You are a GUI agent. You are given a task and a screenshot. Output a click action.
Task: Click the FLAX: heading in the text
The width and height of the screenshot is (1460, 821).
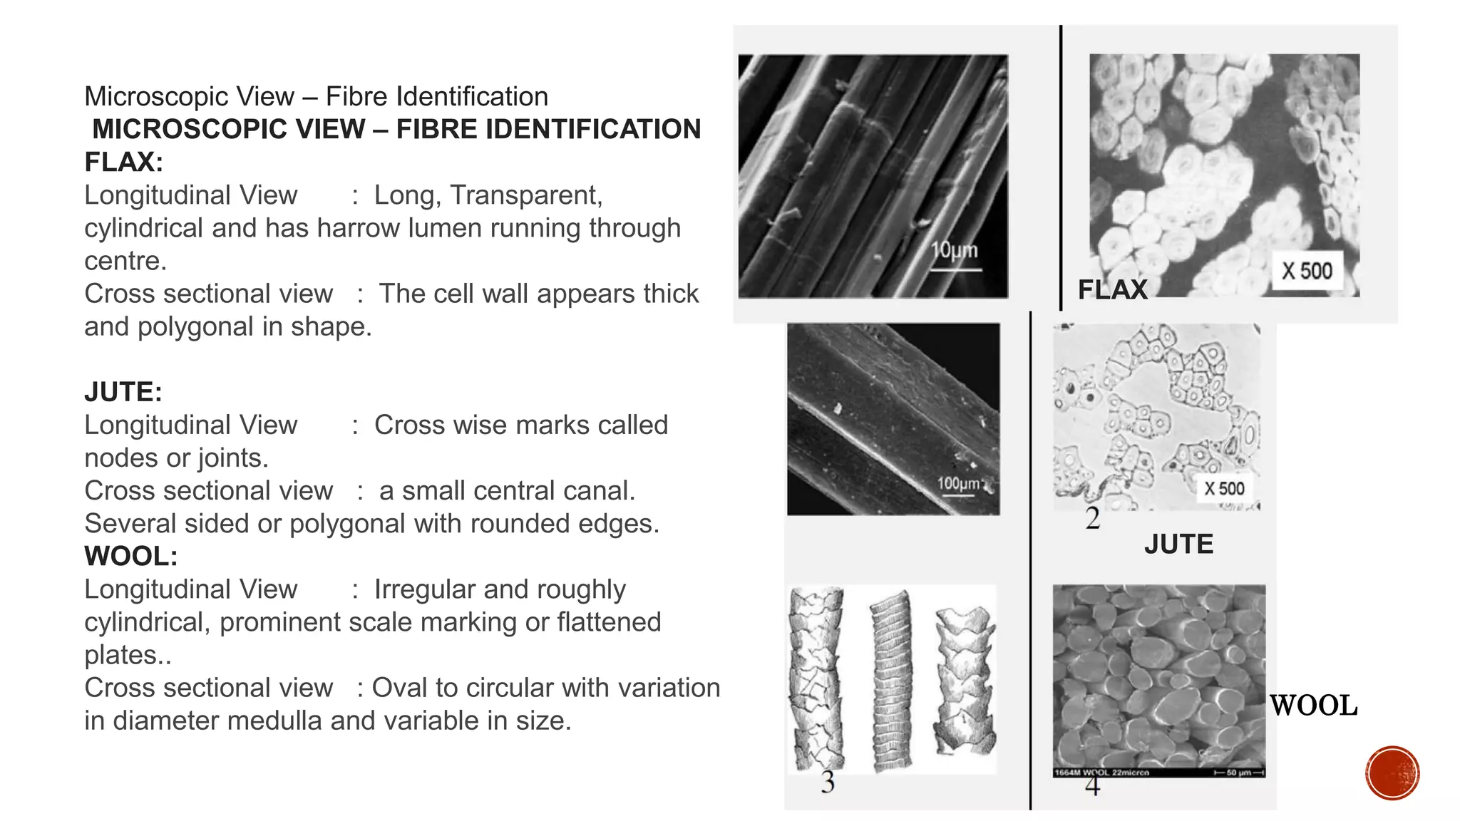click(x=123, y=162)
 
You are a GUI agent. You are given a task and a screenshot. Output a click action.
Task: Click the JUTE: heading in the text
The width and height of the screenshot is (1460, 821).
click(x=123, y=392)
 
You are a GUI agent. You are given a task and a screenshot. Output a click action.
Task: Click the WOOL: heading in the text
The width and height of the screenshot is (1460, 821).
click(x=130, y=556)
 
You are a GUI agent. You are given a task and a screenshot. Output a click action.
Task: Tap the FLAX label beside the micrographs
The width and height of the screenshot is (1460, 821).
click(x=1112, y=289)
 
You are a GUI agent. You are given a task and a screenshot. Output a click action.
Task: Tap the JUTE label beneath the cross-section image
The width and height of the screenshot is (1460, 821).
click(x=1178, y=544)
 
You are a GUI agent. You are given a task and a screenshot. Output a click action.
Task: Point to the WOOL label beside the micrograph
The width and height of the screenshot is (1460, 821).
click(x=1313, y=706)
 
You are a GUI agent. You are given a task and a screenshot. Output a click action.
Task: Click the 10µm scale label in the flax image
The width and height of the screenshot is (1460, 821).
click(x=955, y=251)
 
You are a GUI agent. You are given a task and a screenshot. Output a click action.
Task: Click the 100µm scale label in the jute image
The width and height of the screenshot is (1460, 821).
click(x=958, y=484)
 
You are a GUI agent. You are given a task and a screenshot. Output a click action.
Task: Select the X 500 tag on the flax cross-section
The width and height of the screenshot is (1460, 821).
click(x=1307, y=271)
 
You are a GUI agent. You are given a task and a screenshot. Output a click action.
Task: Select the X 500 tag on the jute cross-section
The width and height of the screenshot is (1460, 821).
click(x=1224, y=489)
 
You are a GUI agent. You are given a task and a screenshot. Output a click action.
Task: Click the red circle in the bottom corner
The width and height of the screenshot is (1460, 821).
click(x=1392, y=773)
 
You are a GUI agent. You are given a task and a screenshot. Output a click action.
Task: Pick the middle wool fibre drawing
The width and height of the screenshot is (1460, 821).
click(x=891, y=681)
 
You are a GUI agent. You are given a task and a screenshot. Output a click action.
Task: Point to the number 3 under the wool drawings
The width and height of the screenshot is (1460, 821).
click(x=827, y=783)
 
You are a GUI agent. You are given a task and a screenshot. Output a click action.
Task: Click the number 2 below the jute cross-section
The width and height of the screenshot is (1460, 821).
click(x=1092, y=518)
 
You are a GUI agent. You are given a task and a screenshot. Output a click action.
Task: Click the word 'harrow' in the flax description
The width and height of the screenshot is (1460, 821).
click(x=359, y=228)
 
